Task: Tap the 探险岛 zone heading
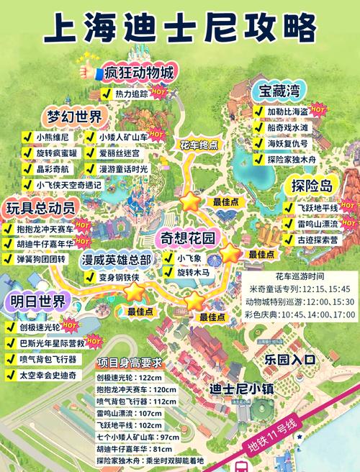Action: coord(312,186)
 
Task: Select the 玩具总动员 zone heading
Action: coord(42,207)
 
